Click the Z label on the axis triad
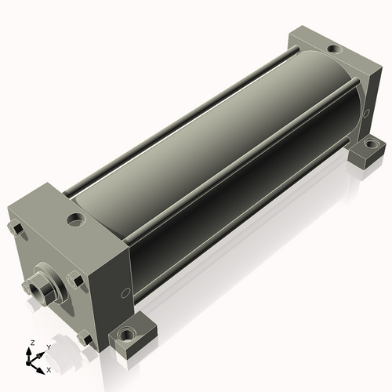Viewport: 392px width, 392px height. click(32, 343)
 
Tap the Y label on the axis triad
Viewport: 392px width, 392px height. click(49, 347)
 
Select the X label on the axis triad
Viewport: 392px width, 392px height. click(49, 370)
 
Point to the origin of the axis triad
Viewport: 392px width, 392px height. click(28, 363)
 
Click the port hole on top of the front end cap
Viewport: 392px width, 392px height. click(76, 220)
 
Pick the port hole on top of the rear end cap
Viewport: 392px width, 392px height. click(335, 49)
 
